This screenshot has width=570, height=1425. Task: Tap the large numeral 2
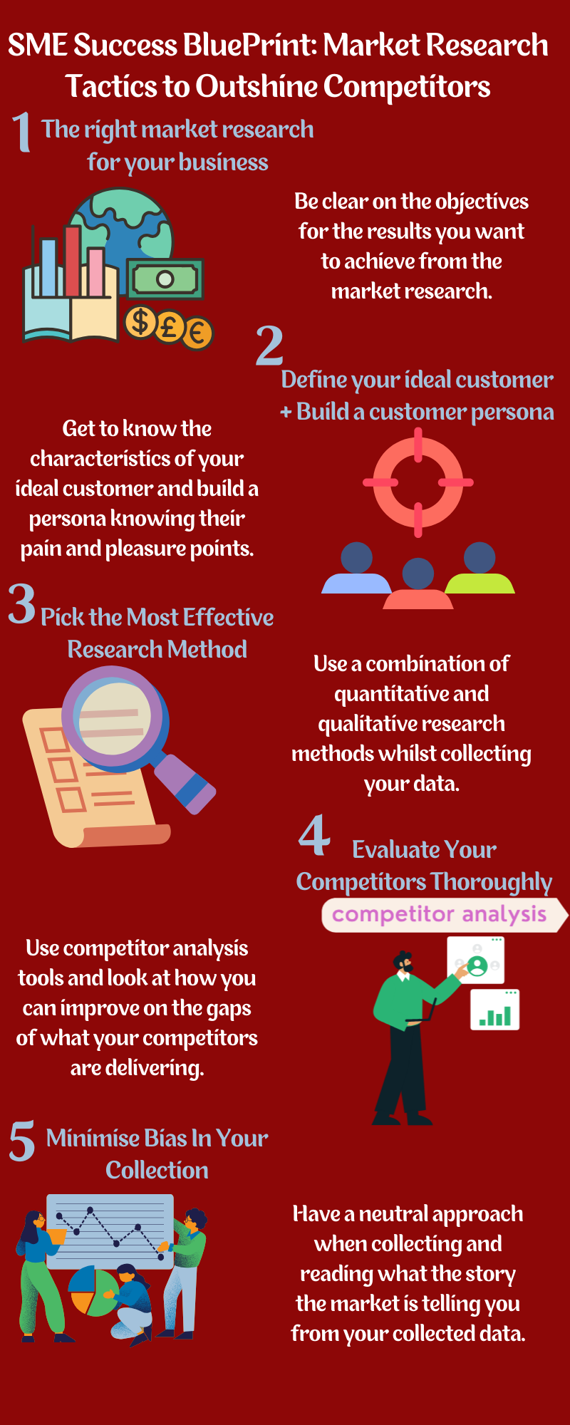click(270, 345)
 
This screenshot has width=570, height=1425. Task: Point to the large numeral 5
click(22, 1141)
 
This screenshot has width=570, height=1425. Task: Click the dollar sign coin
click(140, 321)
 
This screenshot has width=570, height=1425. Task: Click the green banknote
click(165, 279)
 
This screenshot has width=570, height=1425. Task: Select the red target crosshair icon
click(418, 482)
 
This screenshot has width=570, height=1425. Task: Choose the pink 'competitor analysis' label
click(440, 914)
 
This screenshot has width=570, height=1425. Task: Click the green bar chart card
click(495, 1010)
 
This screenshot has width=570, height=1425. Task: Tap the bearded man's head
click(403, 963)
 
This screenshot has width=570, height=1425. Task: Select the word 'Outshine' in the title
click(256, 87)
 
